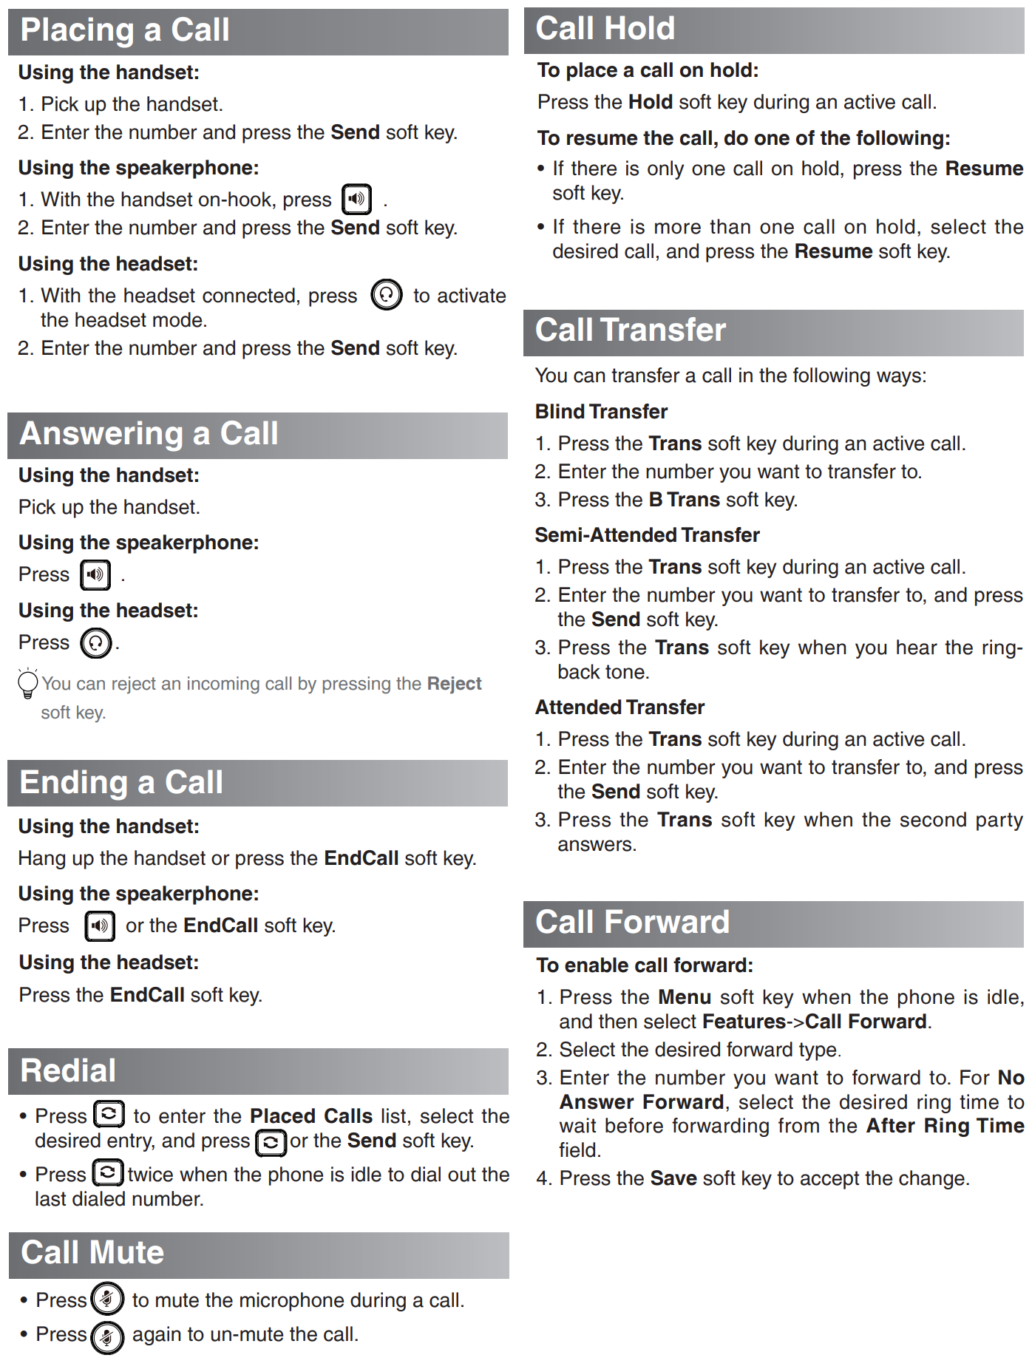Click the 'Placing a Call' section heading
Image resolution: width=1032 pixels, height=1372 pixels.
click(125, 30)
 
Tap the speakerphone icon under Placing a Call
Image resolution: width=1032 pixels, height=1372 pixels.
click(356, 199)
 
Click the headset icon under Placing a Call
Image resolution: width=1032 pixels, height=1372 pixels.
click(386, 295)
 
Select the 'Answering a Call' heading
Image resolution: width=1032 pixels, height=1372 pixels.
click(149, 434)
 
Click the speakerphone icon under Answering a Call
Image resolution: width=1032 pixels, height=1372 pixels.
click(95, 574)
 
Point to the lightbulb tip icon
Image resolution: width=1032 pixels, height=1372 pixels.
click(27, 684)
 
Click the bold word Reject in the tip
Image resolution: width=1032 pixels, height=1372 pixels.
click(454, 684)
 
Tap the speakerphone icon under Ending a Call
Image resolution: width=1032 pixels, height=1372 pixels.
click(100, 926)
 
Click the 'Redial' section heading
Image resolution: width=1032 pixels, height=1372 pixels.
click(68, 1071)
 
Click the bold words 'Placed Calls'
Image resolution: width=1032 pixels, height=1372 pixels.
click(311, 1115)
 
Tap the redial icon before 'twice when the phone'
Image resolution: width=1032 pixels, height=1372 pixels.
click(108, 1173)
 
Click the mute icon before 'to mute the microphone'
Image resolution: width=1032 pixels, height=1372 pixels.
click(107, 1299)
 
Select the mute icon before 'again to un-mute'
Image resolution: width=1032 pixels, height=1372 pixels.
click(107, 1336)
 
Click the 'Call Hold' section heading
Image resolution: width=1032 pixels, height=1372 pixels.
click(605, 29)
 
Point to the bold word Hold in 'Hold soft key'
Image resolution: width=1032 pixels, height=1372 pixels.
click(650, 102)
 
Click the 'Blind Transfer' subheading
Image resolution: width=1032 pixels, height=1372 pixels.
click(601, 412)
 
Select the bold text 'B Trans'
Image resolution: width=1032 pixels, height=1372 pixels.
click(684, 500)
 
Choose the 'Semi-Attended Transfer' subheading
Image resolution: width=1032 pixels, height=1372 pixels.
click(647, 535)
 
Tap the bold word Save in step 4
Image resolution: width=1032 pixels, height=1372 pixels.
click(673, 1178)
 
